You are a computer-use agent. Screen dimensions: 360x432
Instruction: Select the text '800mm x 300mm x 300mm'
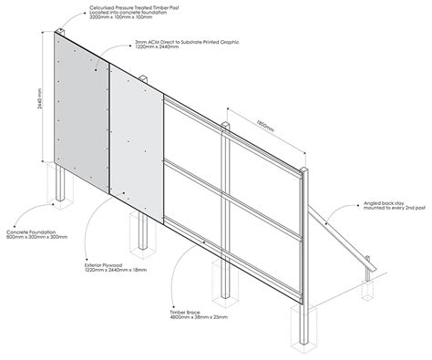coord(34,242)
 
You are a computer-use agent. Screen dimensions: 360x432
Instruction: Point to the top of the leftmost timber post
coord(58,34)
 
